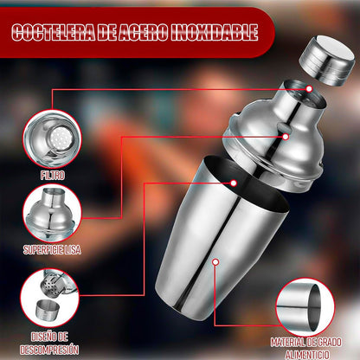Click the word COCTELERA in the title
click(54, 32)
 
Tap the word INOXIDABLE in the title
click(214, 32)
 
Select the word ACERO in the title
click(143, 32)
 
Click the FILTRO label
click(53, 176)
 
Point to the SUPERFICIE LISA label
click(52, 250)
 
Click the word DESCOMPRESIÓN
click(49, 350)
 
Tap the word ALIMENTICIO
click(307, 355)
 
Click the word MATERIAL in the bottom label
click(287, 343)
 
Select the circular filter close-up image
click(52, 138)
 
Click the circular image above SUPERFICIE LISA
click(52, 214)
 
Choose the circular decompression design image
click(50, 298)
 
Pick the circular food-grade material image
click(305, 307)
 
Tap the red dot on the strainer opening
click(309, 89)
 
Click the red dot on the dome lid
click(286, 137)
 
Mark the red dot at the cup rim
click(234, 183)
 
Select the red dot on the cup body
click(215, 262)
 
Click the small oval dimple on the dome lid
click(284, 125)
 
